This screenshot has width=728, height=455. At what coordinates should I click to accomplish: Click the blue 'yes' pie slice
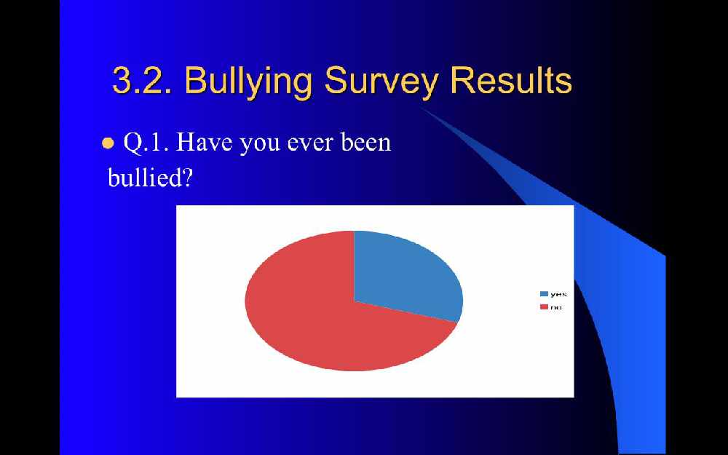(404, 276)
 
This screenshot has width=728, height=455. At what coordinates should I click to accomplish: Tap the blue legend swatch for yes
(544, 294)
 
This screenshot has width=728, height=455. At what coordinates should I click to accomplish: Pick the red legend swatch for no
(544, 307)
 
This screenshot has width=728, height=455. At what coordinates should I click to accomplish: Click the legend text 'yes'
(558, 294)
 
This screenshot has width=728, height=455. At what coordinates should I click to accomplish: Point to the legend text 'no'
(555, 307)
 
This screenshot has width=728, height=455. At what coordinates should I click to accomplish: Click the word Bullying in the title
(248, 82)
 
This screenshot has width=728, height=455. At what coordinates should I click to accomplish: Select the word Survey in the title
(381, 82)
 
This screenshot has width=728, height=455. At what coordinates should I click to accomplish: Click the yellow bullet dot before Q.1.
(108, 143)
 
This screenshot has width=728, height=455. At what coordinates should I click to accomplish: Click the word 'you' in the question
(258, 145)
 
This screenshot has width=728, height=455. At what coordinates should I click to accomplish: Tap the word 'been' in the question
(366, 142)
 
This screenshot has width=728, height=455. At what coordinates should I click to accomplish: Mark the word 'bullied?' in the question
(149, 176)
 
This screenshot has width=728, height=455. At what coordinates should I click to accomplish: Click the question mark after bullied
(186, 177)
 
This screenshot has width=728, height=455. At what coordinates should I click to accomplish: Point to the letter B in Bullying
(196, 80)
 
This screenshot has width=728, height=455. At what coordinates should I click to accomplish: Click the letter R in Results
(463, 80)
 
